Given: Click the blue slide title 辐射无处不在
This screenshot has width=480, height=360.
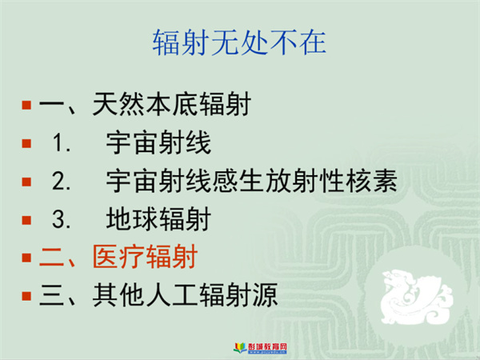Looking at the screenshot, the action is click(x=239, y=42).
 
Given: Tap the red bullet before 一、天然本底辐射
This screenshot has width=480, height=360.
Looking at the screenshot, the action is click(x=26, y=105).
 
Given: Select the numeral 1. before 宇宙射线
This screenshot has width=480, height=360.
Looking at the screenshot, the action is click(x=62, y=143).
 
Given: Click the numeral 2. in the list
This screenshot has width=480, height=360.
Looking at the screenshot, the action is click(x=62, y=182).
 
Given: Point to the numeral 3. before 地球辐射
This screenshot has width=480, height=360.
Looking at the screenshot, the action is click(x=62, y=219).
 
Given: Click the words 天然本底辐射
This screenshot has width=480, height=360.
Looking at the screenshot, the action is click(x=172, y=104).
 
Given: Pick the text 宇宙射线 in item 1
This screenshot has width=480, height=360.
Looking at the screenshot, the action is click(x=158, y=142).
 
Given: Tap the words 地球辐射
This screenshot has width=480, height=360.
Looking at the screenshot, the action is click(x=158, y=219).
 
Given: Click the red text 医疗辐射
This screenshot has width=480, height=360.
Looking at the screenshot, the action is click(x=145, y=257).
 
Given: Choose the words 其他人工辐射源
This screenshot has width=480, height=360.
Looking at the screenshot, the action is click(x=186, y=295).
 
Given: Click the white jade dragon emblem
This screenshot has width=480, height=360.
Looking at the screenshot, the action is click(x=416, y=296).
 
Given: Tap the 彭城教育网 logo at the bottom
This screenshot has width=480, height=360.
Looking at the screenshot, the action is click(x=261, y=348).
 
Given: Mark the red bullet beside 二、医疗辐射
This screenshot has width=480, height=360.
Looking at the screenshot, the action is click(x=26, y=258).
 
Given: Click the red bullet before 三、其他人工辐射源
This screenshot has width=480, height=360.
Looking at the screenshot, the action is click(x=26, y=296).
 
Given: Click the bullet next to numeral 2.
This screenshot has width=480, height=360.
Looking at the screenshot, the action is click(x=26, y=182).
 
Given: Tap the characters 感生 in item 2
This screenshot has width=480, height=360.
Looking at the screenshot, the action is click(x=238, y=181).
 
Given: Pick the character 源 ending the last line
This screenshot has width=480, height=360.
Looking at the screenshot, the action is click(x=265, y=295).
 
